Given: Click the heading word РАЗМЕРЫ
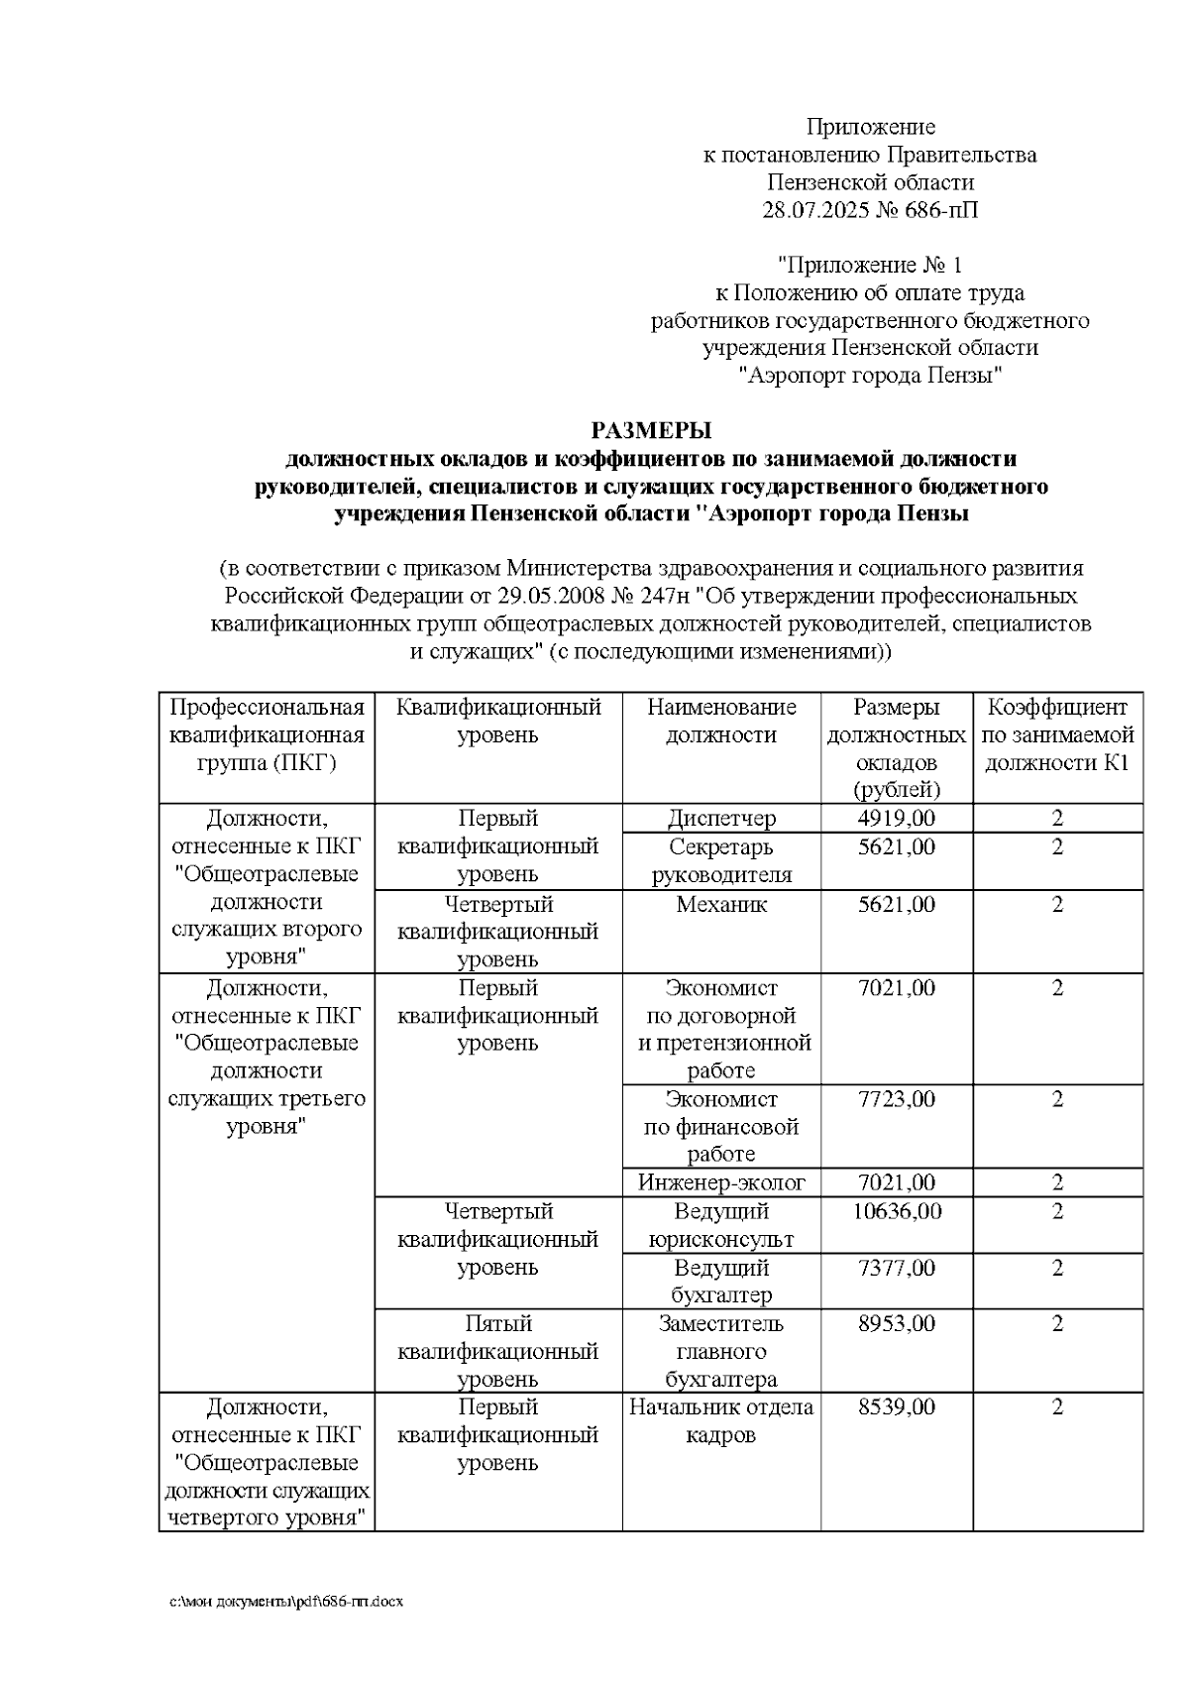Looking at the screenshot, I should click(651, 430).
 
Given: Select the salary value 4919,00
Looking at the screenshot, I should click(896, 819).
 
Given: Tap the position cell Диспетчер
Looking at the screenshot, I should click(721, 819).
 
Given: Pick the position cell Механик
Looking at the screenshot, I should click(721, 904).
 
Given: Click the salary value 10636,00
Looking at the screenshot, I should click(896, 1211).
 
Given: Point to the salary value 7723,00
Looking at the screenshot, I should click(896, 1099).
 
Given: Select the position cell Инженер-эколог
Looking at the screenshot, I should click(721, 1182).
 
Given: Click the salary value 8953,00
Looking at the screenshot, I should click(896, 1324).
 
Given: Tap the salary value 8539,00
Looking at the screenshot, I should click(896, 1407).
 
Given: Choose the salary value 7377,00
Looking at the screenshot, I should click(896, 1268).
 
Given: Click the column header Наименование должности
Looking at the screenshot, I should click(721, 722).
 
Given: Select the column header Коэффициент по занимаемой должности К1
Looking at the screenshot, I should click(1057, 735).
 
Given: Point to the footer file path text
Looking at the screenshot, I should click(286, 1602).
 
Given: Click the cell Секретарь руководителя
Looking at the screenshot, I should click(721, 860).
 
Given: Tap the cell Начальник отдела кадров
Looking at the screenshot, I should click(721, 1421).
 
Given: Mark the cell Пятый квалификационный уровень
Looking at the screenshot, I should click(498, 1351).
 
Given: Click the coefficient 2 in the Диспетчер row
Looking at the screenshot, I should click(1057, 819).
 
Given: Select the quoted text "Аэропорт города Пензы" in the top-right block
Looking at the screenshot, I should click(870, 376).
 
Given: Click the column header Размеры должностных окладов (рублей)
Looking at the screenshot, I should click(896, 748).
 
